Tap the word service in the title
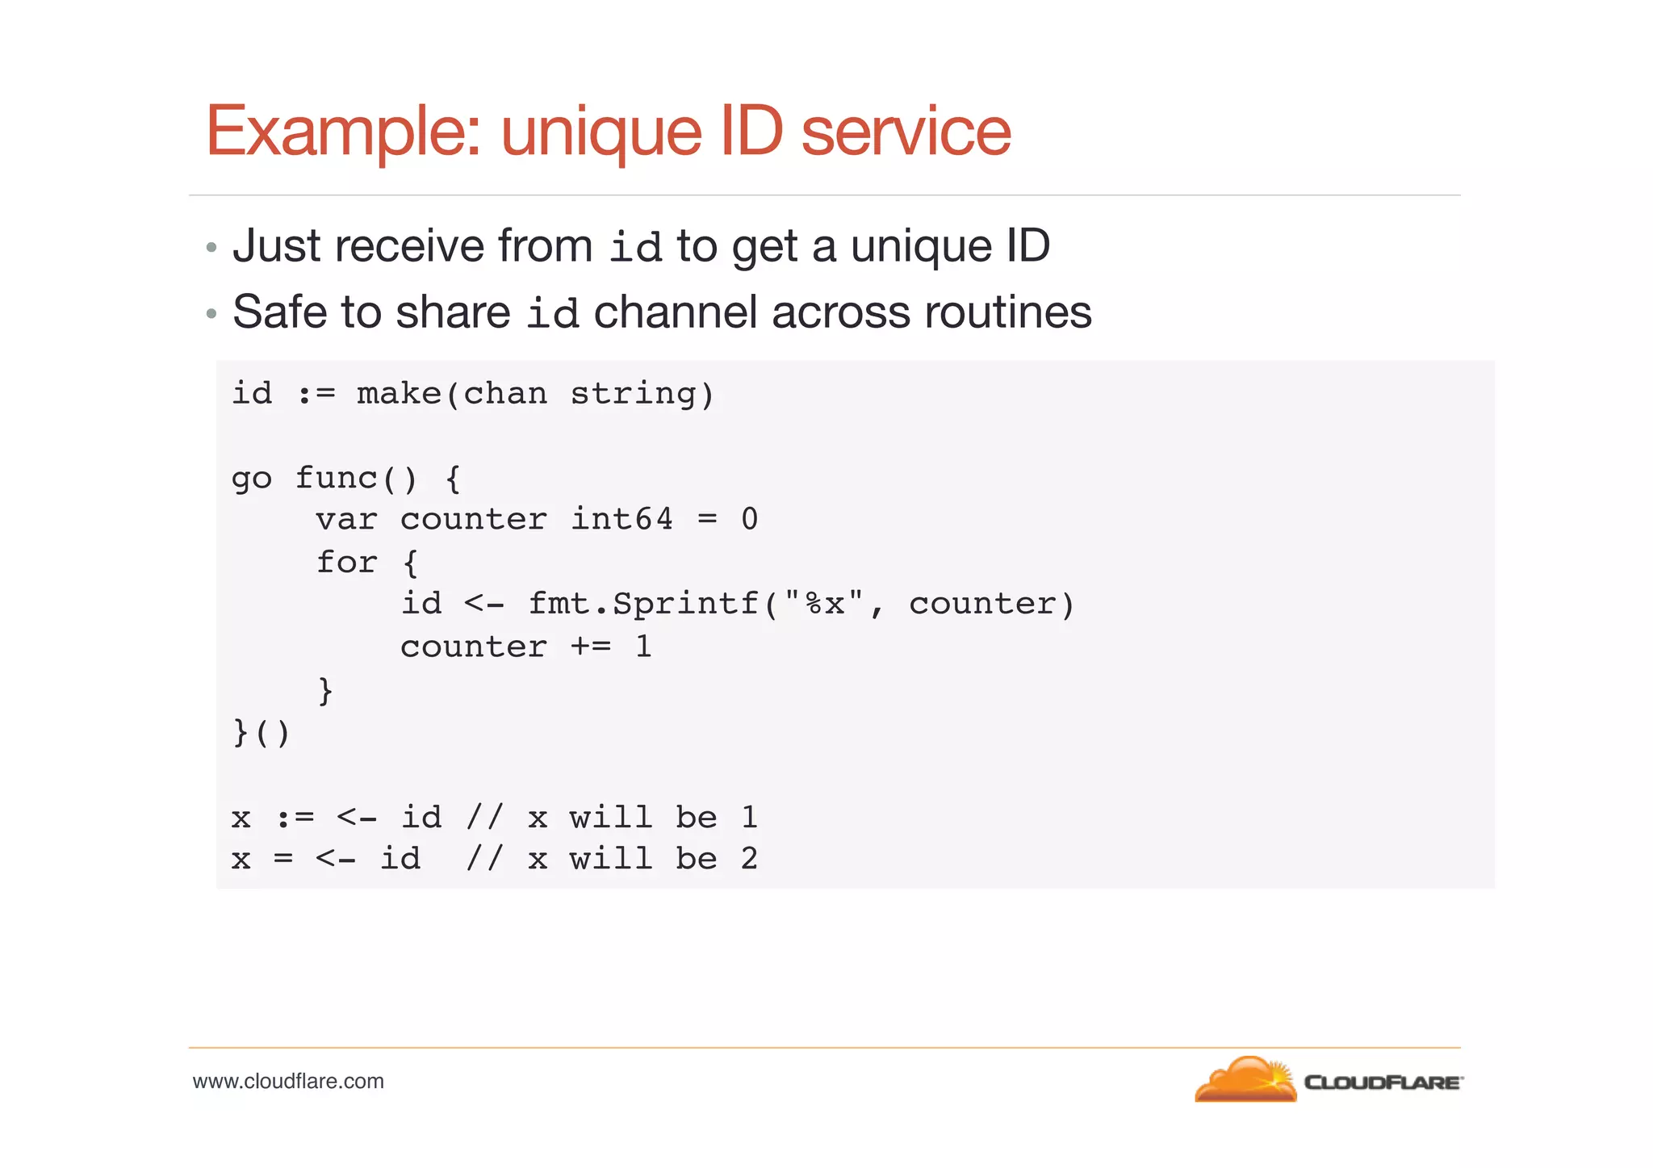pos(906,132)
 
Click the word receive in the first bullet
pos(409,245)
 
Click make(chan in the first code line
pos(451,394)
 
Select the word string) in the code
pos(642,394)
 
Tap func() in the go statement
pos(356,479)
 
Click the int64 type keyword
pos(621,519)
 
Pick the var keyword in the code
pos(345,519)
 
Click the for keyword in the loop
pos(345,562)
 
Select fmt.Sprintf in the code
pos(643,604)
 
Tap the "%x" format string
pos(823,603)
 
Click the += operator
pos(591,647)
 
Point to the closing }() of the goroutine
pos(260,733)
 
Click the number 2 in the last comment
pos(749,859)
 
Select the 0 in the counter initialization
pos(749,519)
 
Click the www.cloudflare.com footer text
pos(288,1082)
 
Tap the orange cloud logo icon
pos(1245,1079)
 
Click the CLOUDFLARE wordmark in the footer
pos(1383,1082)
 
